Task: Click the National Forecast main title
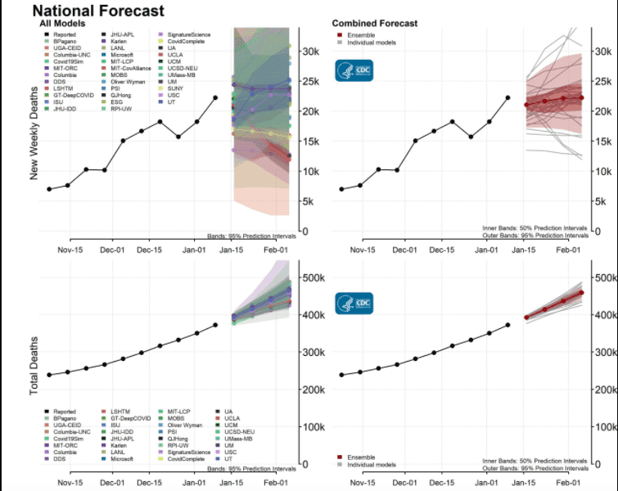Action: click(98, 11)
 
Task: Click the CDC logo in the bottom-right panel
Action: click(354, 304)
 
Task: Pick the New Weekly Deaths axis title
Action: click(34, 130)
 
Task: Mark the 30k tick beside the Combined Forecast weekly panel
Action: click(603, 51)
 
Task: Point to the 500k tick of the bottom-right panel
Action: click(605, 278)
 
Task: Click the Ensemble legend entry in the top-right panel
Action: click(363, 35)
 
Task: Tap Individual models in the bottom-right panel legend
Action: click(370, 464)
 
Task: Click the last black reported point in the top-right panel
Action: click(508, 97)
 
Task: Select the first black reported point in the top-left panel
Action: click(49, 189)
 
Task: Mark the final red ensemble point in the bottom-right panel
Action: click(582, 292)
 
